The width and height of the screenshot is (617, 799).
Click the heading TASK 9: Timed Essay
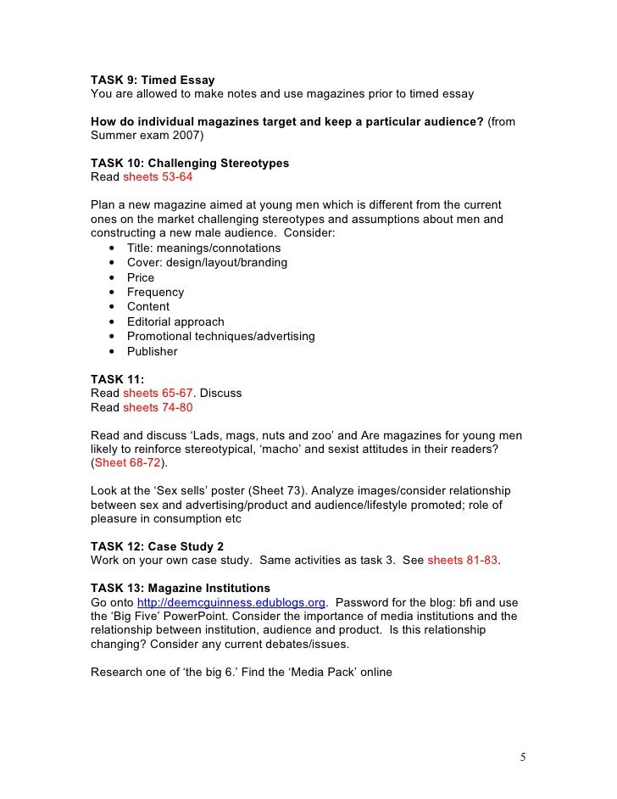[x=153, y=80]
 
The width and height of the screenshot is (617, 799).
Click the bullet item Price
[x=141, y=277]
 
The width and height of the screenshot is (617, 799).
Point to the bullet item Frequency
[x=155, y=292]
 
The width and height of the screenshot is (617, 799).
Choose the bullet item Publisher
[x=153, y=351]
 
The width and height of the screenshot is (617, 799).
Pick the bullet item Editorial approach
[x=175, y=321]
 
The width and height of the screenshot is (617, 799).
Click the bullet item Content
[x=148, y=307]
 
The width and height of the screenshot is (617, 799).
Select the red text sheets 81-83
[x=462, y=561]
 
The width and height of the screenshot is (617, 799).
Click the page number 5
[x=524, y=757]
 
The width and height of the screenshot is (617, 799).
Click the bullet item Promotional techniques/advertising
[x=220, y=337]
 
